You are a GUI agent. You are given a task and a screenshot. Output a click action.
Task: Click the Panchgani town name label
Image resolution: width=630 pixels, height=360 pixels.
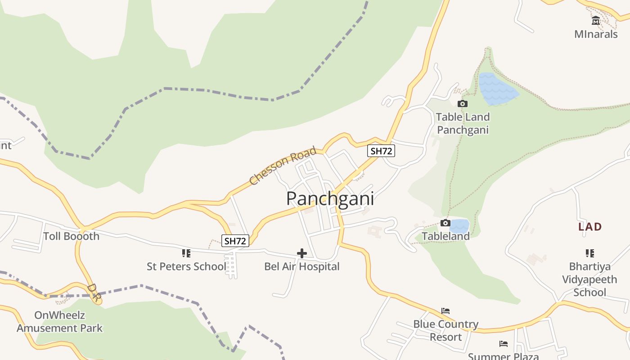coord(330,198)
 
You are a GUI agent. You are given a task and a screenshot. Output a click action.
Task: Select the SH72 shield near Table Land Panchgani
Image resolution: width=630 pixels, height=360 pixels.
coord(381,151)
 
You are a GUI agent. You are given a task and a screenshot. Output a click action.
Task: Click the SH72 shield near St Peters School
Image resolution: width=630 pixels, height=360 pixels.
coord(235,241)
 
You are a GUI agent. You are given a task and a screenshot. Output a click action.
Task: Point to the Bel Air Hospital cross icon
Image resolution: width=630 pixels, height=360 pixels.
coord(302,253)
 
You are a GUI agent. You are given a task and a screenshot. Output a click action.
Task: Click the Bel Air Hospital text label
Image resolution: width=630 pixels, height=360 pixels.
coord(302,266)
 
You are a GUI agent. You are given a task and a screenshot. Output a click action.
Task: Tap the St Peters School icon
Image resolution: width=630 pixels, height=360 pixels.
coord(186,253)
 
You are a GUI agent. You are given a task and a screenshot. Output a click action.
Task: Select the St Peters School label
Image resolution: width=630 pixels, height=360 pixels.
coord(186,266)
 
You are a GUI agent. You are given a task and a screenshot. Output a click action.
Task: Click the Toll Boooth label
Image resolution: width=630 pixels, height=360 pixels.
coord(71,236)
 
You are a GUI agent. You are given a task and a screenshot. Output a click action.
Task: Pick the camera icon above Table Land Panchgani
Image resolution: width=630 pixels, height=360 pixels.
coord(462,104)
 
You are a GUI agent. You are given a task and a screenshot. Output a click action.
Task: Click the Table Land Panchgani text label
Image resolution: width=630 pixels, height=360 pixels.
coord(463,123)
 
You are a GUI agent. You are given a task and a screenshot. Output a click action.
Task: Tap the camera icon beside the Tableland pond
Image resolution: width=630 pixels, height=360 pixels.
coord(445,223)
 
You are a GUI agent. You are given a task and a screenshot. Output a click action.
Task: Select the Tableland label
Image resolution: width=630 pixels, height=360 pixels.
coord(445,236)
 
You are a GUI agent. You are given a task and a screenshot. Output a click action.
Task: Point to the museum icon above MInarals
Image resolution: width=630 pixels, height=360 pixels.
coord(596,21)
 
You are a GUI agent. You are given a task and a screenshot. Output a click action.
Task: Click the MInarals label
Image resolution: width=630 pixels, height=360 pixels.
coord(596,34)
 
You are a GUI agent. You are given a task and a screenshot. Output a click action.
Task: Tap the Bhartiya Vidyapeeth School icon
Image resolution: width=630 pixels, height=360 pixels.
coord(589,253)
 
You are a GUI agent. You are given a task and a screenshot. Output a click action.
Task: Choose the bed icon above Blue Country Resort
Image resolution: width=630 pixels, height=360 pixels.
coord(445,311)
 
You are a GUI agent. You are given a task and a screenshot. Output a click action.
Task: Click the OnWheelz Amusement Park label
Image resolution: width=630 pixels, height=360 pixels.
coord(59,321)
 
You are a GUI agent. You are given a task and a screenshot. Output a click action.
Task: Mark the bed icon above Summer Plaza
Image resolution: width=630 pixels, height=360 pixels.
coord(503,344)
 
